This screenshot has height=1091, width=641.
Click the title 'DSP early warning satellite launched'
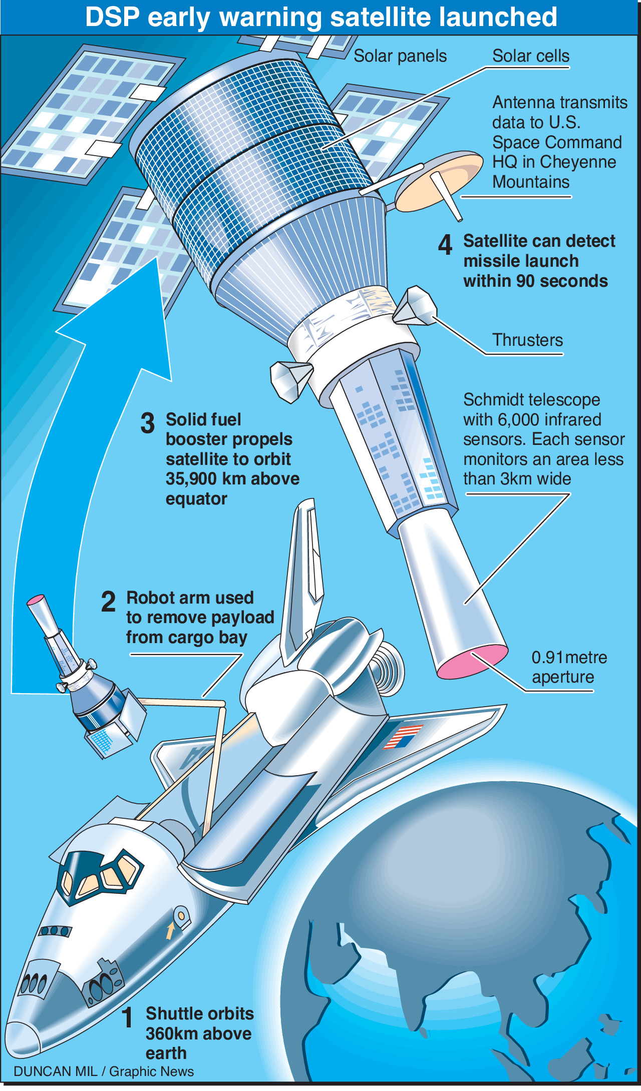tap(320, 17)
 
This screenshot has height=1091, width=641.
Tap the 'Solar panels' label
tap(400, 56)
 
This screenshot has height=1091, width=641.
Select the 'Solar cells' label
tap(530, 56)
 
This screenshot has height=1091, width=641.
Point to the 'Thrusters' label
tap(527, 340)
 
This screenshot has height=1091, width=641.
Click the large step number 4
tap(445, 245)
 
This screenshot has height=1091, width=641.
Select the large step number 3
tap(147, 423)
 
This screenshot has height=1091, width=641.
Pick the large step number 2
tap(108, 602)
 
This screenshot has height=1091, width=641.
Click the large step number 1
tap(128, 1017)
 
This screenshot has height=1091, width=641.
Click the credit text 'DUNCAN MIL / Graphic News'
tap(104, 1071)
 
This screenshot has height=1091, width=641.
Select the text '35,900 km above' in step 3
tap(232, 479)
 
